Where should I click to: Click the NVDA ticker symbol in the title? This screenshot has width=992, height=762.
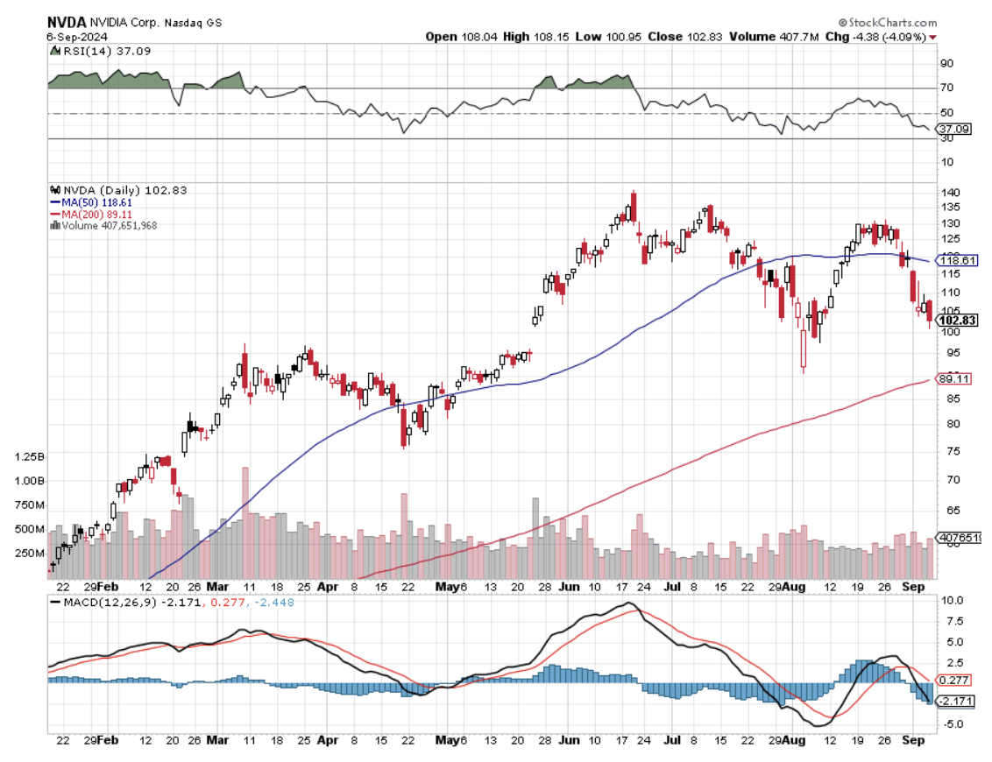(x=65, y=23)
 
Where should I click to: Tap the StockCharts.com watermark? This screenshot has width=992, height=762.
(x=890, y=23)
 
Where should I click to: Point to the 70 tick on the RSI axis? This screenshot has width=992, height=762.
(x=946, y=88)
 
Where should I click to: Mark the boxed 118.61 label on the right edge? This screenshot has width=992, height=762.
(x=957, y=260)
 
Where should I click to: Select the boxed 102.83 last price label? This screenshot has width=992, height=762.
(x=957, y=320)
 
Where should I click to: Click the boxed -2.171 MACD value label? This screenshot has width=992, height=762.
(x=955, y=702)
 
